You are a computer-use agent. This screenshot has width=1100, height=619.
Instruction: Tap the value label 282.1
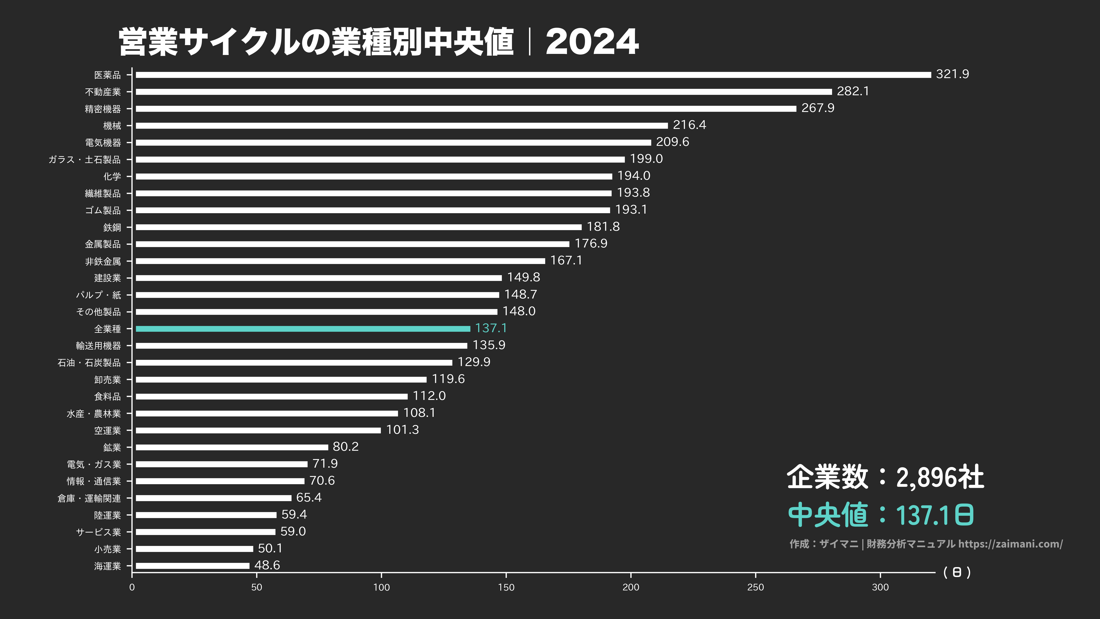coord(853,91)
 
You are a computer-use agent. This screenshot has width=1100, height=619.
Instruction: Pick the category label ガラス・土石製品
coord(84,160)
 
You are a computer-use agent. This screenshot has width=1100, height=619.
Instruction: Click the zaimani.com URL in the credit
coord(1010,544)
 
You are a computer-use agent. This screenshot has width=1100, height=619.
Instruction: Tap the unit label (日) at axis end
coord(957,572)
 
